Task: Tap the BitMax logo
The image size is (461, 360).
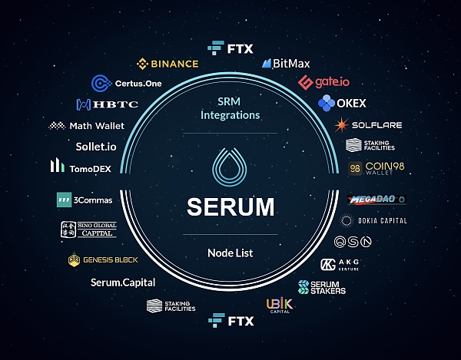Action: coord(287,64)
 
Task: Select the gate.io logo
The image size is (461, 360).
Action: coord(324,82)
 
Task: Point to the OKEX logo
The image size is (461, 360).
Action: coord(342,103)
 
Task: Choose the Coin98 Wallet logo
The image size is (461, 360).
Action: coord(375,168)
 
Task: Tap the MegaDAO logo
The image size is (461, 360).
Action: coord(376,200)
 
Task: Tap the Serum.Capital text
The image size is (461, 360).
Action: coord(122,282)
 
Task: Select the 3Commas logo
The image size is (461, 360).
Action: coord(84,200)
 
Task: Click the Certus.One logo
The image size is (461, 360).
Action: coord(126,83)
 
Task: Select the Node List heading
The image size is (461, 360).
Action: coord(230,253)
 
